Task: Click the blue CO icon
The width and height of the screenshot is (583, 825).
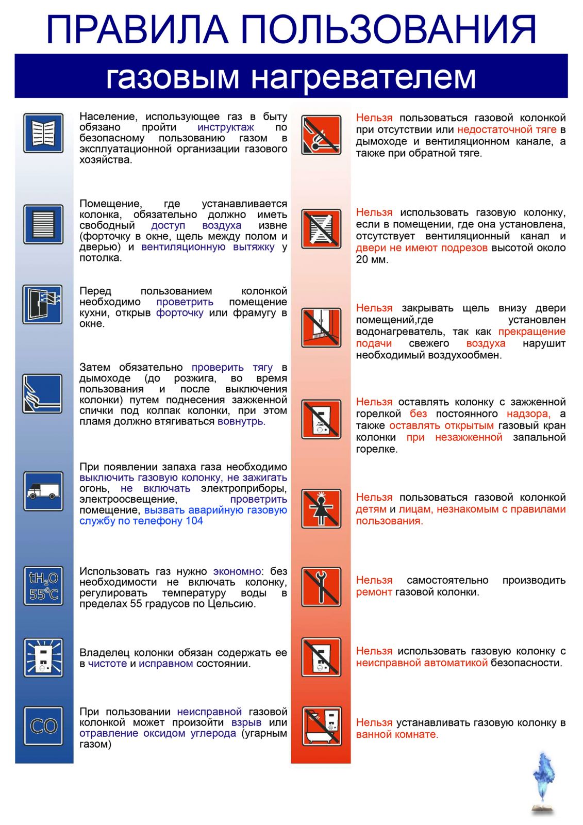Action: tap(43, 726)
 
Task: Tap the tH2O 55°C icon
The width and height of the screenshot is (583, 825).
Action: tap(43, 586)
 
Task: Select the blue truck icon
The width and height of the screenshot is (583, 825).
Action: tap(43, 491)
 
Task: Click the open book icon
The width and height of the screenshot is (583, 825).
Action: tap(43, 133)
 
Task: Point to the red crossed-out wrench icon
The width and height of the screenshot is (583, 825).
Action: tap(321, 587)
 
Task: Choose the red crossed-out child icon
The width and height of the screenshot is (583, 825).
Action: tap(321, 509)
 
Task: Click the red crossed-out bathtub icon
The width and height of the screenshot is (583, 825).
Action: tap(321, 727)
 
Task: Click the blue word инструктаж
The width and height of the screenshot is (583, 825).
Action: tap(225, 127)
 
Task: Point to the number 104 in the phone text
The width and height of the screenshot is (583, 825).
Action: tap(194, 521)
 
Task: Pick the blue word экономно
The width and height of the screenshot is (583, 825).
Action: tap(237, 571)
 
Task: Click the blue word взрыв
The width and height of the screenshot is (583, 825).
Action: tap(246, 722)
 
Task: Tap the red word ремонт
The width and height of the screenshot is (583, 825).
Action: tap(374, 592)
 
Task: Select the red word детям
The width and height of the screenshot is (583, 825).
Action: tap(371, 509)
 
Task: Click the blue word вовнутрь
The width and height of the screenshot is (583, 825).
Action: tap(241, 421)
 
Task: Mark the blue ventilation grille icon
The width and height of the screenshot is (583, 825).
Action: tap(43, 224)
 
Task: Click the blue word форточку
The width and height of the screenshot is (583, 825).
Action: tap(179, 312)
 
